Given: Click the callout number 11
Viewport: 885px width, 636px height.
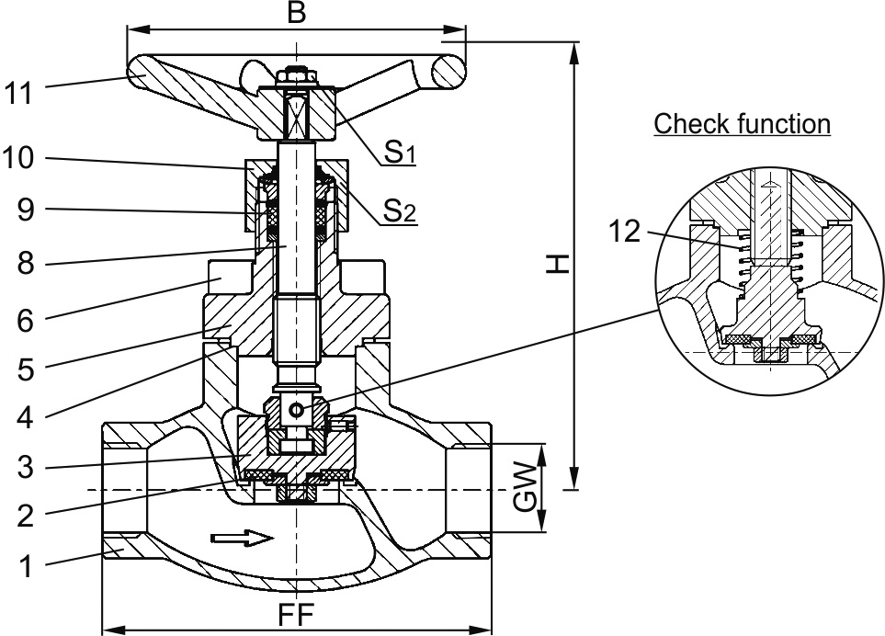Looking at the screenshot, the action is [19, 93].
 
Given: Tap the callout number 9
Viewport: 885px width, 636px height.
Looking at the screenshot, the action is [26, 210].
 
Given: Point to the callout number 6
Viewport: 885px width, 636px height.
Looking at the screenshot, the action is [26, 320].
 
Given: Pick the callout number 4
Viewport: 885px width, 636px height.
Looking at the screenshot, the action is [26, 417].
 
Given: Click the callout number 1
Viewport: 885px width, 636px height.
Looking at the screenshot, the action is [26, 566].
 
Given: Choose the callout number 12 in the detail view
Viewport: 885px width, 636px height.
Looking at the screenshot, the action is [625, 232].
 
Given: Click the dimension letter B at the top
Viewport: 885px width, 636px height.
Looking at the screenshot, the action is [296, 13].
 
